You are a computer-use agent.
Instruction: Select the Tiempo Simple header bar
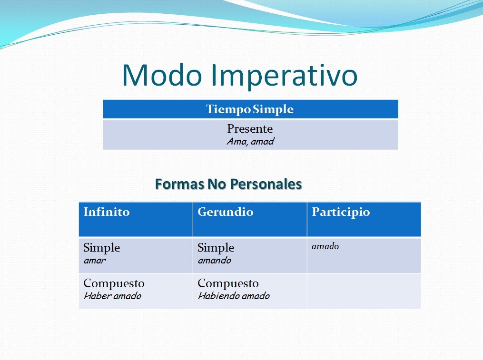click(x=250, y=109)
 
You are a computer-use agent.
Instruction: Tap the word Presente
click(x=250, y=129)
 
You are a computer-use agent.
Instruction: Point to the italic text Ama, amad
click(x=250, y=141)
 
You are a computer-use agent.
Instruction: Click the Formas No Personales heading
click(x=228, y=184)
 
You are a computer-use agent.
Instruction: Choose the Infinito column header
click(x=107, y=212)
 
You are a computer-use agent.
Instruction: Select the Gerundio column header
click(x=226, y=212)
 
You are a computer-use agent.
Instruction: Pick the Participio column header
click(x=341, y=212)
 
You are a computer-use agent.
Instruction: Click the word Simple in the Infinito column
click(x=102, y=248)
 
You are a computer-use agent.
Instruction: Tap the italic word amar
click(x=95, y=260)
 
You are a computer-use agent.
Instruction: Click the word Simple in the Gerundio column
click(x=216, y=248)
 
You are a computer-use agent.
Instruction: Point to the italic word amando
click(x=214, y=260)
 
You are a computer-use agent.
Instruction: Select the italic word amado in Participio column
click(x=325, y=246)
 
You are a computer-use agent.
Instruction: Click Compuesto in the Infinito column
click(x=114, y=283)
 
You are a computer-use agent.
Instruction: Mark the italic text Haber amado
click(x=112, y=296)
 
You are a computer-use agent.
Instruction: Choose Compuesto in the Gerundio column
click(x=228, y=283)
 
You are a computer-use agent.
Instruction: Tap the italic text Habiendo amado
click(x=234, y=296)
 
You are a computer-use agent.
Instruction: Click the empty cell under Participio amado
click(x=364, y=291)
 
